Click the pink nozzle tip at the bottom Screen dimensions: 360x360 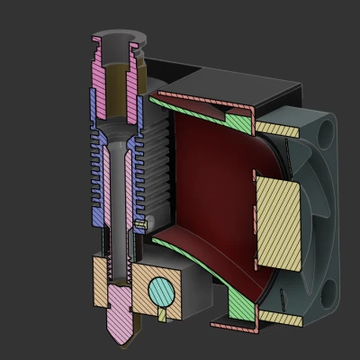pyautogui.click(x=121, y=326)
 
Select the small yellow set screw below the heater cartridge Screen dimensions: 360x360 pyautogui.click(x=163, y=313)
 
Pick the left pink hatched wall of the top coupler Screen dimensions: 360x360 pyautogui.click(x=102, y=81)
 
